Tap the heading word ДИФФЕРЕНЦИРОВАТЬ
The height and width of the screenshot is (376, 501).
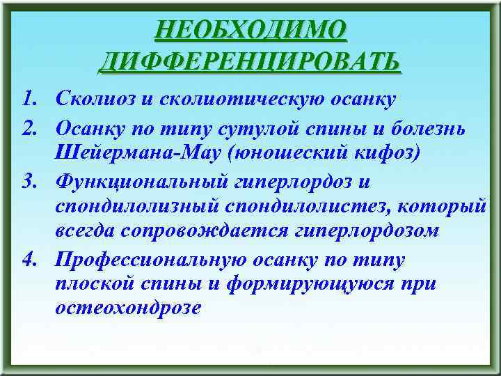250,61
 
